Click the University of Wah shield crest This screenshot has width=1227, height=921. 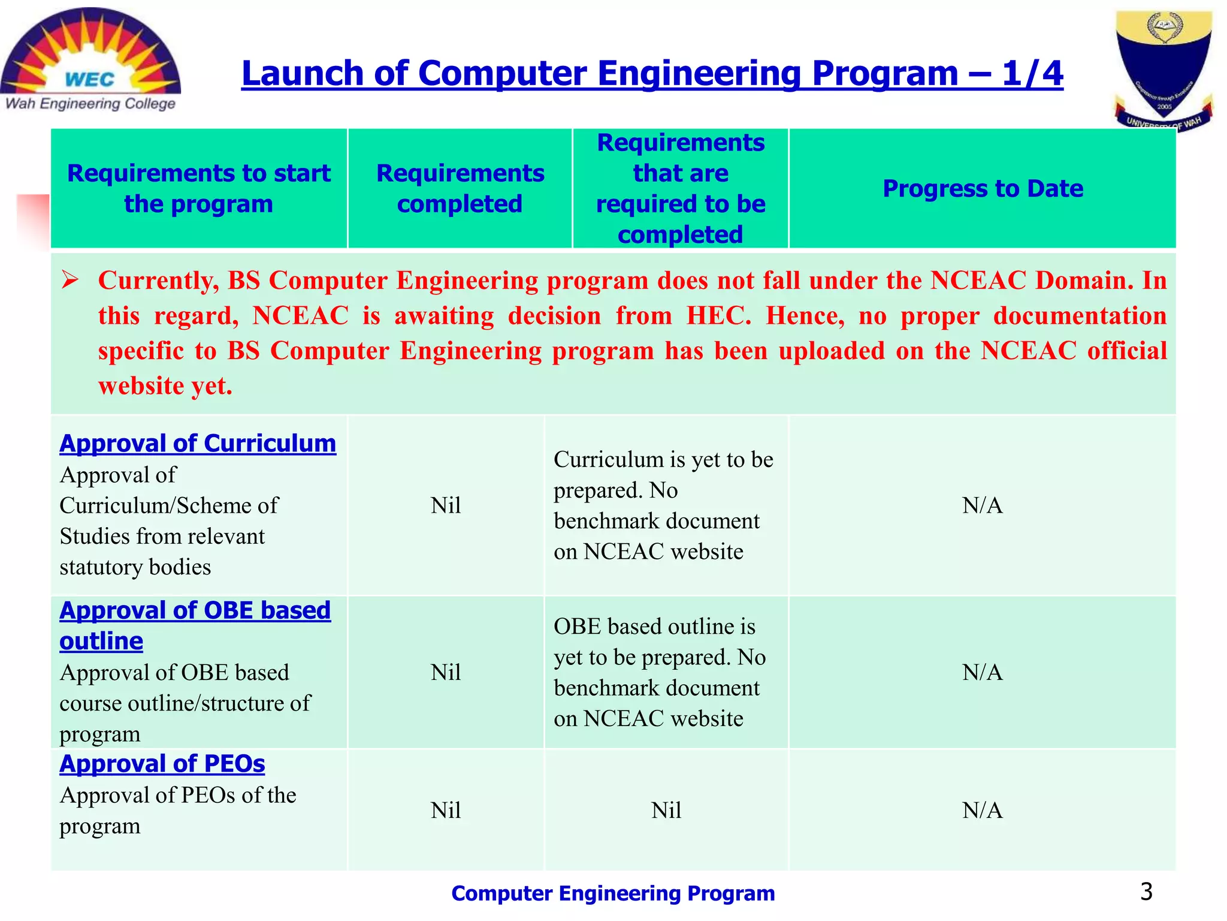tap(1163, 66)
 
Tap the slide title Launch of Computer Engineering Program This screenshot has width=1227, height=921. tap(652, 74)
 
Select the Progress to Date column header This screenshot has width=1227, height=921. tap(983, 188)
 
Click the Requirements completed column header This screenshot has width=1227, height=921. tap(460, 188)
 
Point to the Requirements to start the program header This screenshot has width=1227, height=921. tap(198, 188)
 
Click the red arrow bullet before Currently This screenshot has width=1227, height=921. tap(70, 280)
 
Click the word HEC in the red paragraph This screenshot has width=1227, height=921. tap(717, 316)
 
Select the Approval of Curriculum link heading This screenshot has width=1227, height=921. tap(198, 444)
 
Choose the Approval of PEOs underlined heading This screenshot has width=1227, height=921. tap(162, 764)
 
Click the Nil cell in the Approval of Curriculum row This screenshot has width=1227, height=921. tap(446, 505)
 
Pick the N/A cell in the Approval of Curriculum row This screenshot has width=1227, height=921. tap(983, 505)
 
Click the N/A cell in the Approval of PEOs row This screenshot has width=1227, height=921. tap(983, 810)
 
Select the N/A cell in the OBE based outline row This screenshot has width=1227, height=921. tap(983, 672)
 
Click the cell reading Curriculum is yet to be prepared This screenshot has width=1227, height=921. tap(663, 505)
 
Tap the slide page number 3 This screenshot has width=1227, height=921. tap(1146, 892)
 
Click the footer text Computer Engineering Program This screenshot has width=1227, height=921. tap(613, 893)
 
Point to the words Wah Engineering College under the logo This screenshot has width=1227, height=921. tap(90, 104)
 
